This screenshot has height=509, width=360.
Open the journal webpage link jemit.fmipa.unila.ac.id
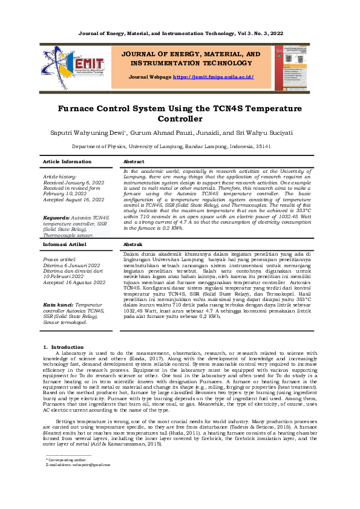point(213,77)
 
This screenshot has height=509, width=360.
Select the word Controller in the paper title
point(180,119)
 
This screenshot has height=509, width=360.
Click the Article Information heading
point(67,162)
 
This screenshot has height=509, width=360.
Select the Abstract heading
point(134,162)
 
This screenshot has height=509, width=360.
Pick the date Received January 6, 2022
point(74,182)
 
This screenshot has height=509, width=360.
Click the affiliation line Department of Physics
point(180,146)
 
